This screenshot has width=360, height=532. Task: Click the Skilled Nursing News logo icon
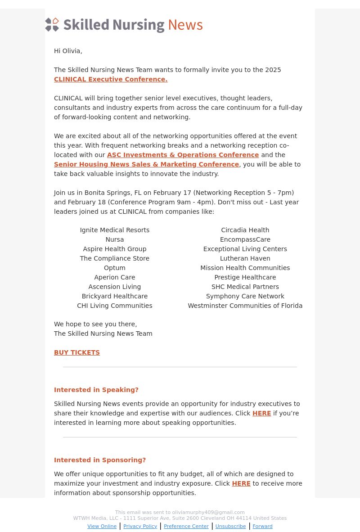coord(52,25)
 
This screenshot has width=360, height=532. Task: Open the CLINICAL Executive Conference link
coord(111,79)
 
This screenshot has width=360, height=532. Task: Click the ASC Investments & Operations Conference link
coord(183,155)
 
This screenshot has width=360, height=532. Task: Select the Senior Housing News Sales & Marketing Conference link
coord(146,164)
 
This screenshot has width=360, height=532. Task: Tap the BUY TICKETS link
coord(77,352)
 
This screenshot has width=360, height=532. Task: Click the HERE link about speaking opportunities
coord(261,413)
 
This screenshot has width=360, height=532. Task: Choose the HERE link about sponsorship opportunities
coord(241,483)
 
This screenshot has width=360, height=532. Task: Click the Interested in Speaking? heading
coord(96,390)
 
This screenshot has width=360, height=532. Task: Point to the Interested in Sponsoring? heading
coord(100,460)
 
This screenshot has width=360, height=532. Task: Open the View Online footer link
coord(102,526)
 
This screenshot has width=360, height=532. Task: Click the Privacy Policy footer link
coord(140,526)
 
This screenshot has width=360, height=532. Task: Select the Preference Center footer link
coord(186,526)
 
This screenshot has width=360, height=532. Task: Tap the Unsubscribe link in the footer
coord(230,526)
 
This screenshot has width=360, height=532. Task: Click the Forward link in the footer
coord(262,526)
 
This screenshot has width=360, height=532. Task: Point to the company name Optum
coord(115,268)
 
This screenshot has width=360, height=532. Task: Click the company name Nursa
coord(115,239)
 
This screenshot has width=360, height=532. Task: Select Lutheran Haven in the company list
coord(245,258)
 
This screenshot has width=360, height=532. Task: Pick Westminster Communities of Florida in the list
coord(245,306)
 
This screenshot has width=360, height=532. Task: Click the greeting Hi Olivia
coord(68,51)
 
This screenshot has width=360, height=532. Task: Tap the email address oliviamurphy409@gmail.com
coord(208,512)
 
